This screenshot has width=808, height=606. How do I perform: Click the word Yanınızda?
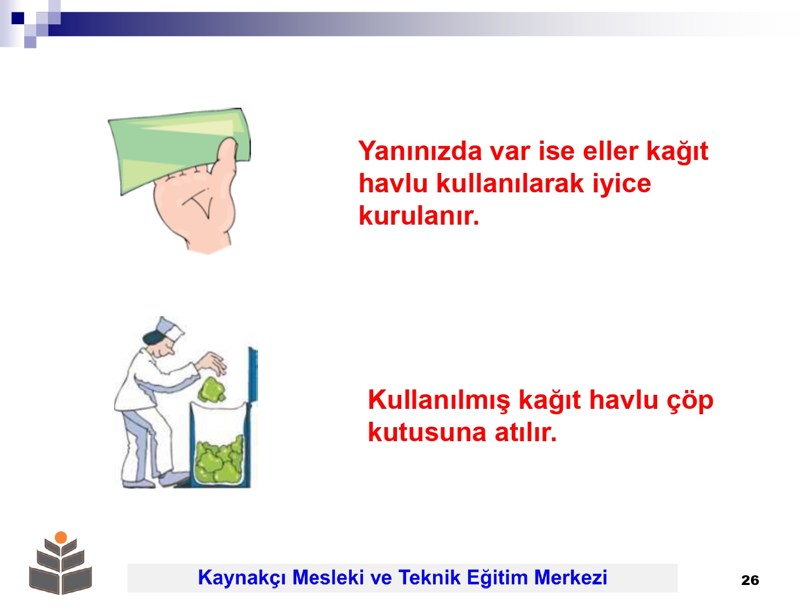point(420,151)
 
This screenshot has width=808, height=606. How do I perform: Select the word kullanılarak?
point(510,183)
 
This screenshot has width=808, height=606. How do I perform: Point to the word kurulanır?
point(419,215)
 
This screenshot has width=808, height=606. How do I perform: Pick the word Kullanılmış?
point(439,401)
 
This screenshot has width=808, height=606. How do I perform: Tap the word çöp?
point(691,401)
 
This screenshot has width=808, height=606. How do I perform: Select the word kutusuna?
point(427,433)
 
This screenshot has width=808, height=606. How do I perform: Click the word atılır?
point(526,433)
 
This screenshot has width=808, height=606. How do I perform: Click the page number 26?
point(750,580)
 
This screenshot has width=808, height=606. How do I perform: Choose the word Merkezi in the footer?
point(570,577)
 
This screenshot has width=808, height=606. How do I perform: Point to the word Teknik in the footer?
point(429,577)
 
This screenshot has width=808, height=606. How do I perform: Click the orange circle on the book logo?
point(61,537)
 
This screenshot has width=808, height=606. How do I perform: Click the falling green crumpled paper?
point(212,389)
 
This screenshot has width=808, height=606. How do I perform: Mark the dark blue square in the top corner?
point(18,18)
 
